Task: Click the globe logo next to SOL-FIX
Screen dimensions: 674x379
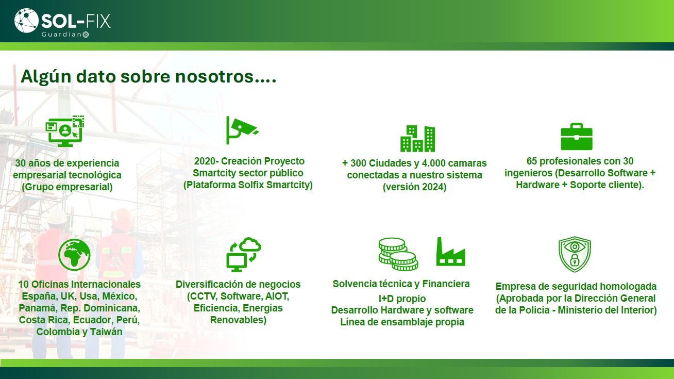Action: tap(26, 20)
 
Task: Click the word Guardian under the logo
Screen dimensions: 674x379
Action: tap(61, 35)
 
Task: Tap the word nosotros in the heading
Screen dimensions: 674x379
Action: tap(214, 76)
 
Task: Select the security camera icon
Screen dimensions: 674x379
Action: tap(242, 130)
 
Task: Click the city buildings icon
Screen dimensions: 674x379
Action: tap(417, 139)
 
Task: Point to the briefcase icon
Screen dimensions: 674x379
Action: tap(577, 137)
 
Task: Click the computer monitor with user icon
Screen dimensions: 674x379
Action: tap(65, 131)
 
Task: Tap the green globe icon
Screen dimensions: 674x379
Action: tap(74, 255)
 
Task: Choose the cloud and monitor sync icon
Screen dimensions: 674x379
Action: tap(243, 254)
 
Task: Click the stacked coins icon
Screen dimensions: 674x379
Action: tap(398, 254)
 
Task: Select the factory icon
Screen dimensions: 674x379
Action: tap(450, 252)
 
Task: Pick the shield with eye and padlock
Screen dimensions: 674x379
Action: tap(575, 254)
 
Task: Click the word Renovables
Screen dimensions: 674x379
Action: tap(238, 320)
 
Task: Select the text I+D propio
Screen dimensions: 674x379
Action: tap(402, 299)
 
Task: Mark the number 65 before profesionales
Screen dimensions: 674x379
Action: tap(532, 161)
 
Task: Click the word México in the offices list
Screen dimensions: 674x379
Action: tap(120, 296)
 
